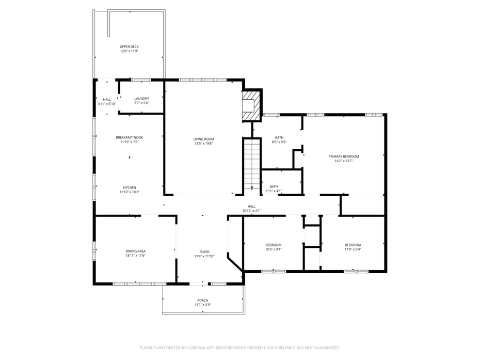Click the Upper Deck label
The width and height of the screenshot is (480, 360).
[x=129, y=46]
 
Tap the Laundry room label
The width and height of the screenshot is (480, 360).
[x=141, y=99]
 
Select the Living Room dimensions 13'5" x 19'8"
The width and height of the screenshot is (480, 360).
[x=203, y=144]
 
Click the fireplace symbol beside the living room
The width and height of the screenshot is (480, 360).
[x=252, y=106]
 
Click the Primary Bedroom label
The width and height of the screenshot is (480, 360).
[x=343, y=156]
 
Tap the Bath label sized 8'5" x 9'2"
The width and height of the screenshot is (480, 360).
[x=279, y=137]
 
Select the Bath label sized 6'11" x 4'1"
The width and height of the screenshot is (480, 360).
[x=274, y=186]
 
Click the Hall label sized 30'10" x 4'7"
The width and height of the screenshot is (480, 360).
[x=251, y=206]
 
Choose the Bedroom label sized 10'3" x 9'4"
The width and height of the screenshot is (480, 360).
[x=273, y=245]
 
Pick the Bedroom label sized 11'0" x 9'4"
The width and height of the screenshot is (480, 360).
[x=353, y=245]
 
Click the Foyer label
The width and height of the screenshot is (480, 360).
[x=204, y=252]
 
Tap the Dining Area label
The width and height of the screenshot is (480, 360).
[x=135, y=251]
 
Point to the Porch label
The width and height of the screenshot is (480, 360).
[x=202, y=300]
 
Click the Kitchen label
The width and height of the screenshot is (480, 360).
[x=129, y=187]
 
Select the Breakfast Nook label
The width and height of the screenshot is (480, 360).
[x=129, y=137]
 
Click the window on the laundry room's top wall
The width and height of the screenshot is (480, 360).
[x=140, y=80]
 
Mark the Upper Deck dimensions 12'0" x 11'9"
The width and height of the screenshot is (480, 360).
[x=129, y=51]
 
